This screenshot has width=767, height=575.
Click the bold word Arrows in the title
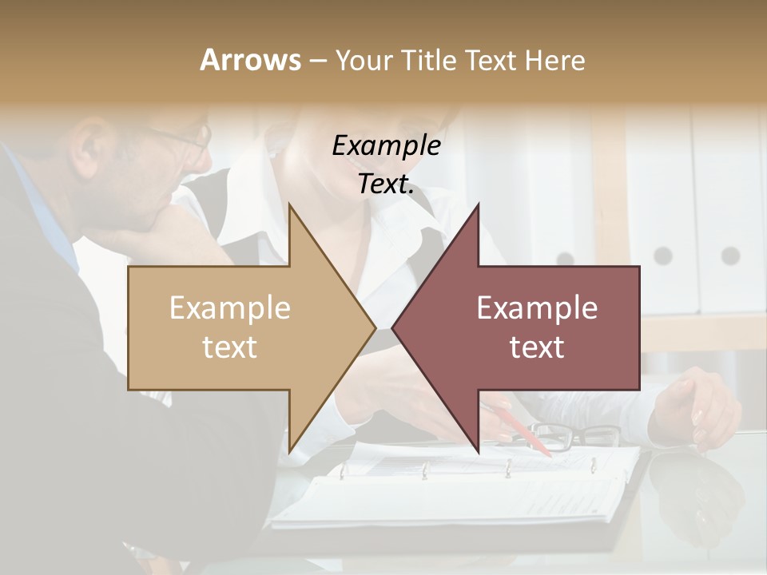click(x=250, y=60)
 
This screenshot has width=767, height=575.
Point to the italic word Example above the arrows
click(x=386, y=145)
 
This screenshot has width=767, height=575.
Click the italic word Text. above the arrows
click(x=386, y=184)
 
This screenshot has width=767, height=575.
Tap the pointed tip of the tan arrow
click(x=373, y=327)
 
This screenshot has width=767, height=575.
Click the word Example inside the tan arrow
click(x=230, y=307)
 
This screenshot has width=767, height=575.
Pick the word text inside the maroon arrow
click(x=537, y=347)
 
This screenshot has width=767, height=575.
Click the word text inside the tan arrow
click(x=230, y=347)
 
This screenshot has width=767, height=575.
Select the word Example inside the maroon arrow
click(x=537, y=307)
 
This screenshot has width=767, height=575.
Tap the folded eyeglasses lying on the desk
click(x=575, y=435)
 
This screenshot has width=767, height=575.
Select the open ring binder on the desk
click(x=455, y=491)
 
